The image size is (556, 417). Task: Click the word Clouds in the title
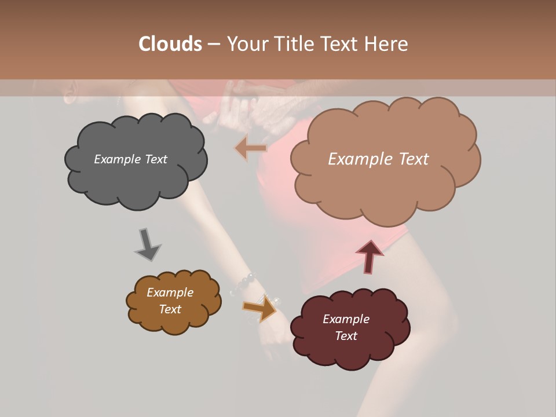tap(170, 44)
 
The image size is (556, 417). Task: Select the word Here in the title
tap(387, 44)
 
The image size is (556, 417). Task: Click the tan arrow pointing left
tap(250, 149)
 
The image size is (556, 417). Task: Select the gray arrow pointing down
tap(147, 246)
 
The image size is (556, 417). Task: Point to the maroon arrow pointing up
tap(369, 256)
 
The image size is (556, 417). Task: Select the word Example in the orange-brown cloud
tap(170, 292)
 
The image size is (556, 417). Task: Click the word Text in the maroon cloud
tap(346, 336)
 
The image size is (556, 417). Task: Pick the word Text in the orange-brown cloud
tap(170, 309)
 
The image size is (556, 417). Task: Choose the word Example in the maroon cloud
tap(346, 319)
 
